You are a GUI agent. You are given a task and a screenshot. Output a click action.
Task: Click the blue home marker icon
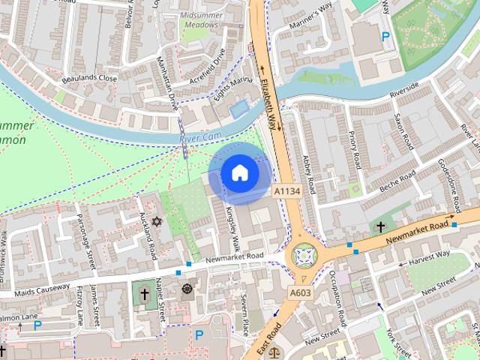pyautogui.click(x=240, y=172)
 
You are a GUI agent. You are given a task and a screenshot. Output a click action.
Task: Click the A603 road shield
pyautogui.click(x=299, y=292)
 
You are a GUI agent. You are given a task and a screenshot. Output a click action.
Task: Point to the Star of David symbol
pyautogui.click(x=156, y=221)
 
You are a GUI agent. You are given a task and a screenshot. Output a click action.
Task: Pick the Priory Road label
pyautogui.click(x=356, y=150)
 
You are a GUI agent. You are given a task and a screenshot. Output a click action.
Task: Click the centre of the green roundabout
pyautogui.click(x=304, y=257)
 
